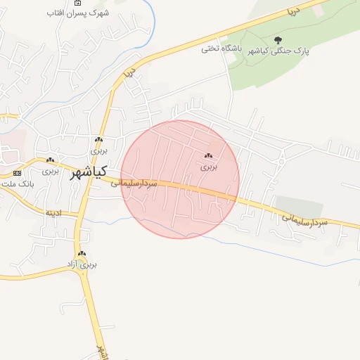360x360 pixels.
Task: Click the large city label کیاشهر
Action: point(89,172)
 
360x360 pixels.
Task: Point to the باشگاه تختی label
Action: point(221,49)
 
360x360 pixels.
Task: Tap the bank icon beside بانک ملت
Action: point(17,172)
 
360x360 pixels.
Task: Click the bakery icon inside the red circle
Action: point(208,156)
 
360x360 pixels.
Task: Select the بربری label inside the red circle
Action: point(209,167)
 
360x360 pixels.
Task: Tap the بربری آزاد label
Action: point(87,264)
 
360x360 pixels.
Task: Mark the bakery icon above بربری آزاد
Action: point(83,253)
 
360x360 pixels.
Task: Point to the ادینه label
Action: point(53,212)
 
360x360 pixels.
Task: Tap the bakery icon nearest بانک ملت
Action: point(50,160)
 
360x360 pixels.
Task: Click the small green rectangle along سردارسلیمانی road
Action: point(299,206)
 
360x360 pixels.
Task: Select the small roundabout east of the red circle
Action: point(281,162)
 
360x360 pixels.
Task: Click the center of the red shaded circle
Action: point(180,179)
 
